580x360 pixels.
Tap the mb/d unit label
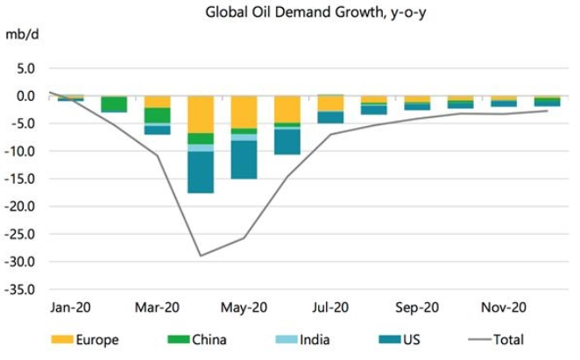[22, 35]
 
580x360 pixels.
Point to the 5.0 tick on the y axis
[25, 68]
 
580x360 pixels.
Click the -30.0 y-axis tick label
[19, 262]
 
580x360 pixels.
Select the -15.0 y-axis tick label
[19, 179]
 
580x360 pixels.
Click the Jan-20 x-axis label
[71, 307]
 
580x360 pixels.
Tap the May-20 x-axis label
[244, 307]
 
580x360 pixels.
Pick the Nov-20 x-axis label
[504, 307]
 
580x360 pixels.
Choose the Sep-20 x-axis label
[417, 307]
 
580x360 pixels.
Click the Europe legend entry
[85, 340]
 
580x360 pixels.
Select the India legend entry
[302, 340]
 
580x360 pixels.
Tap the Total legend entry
[497, 340]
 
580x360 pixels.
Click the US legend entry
[400, 340]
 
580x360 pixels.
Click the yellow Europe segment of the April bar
[201, 115]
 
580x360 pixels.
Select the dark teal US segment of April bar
[201, 172]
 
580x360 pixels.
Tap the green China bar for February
[114, 104]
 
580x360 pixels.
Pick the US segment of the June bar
[287, 142]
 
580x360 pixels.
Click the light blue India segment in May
[244, 138]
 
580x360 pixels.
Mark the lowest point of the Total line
[201, 256]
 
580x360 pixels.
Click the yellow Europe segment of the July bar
[330, 103]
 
